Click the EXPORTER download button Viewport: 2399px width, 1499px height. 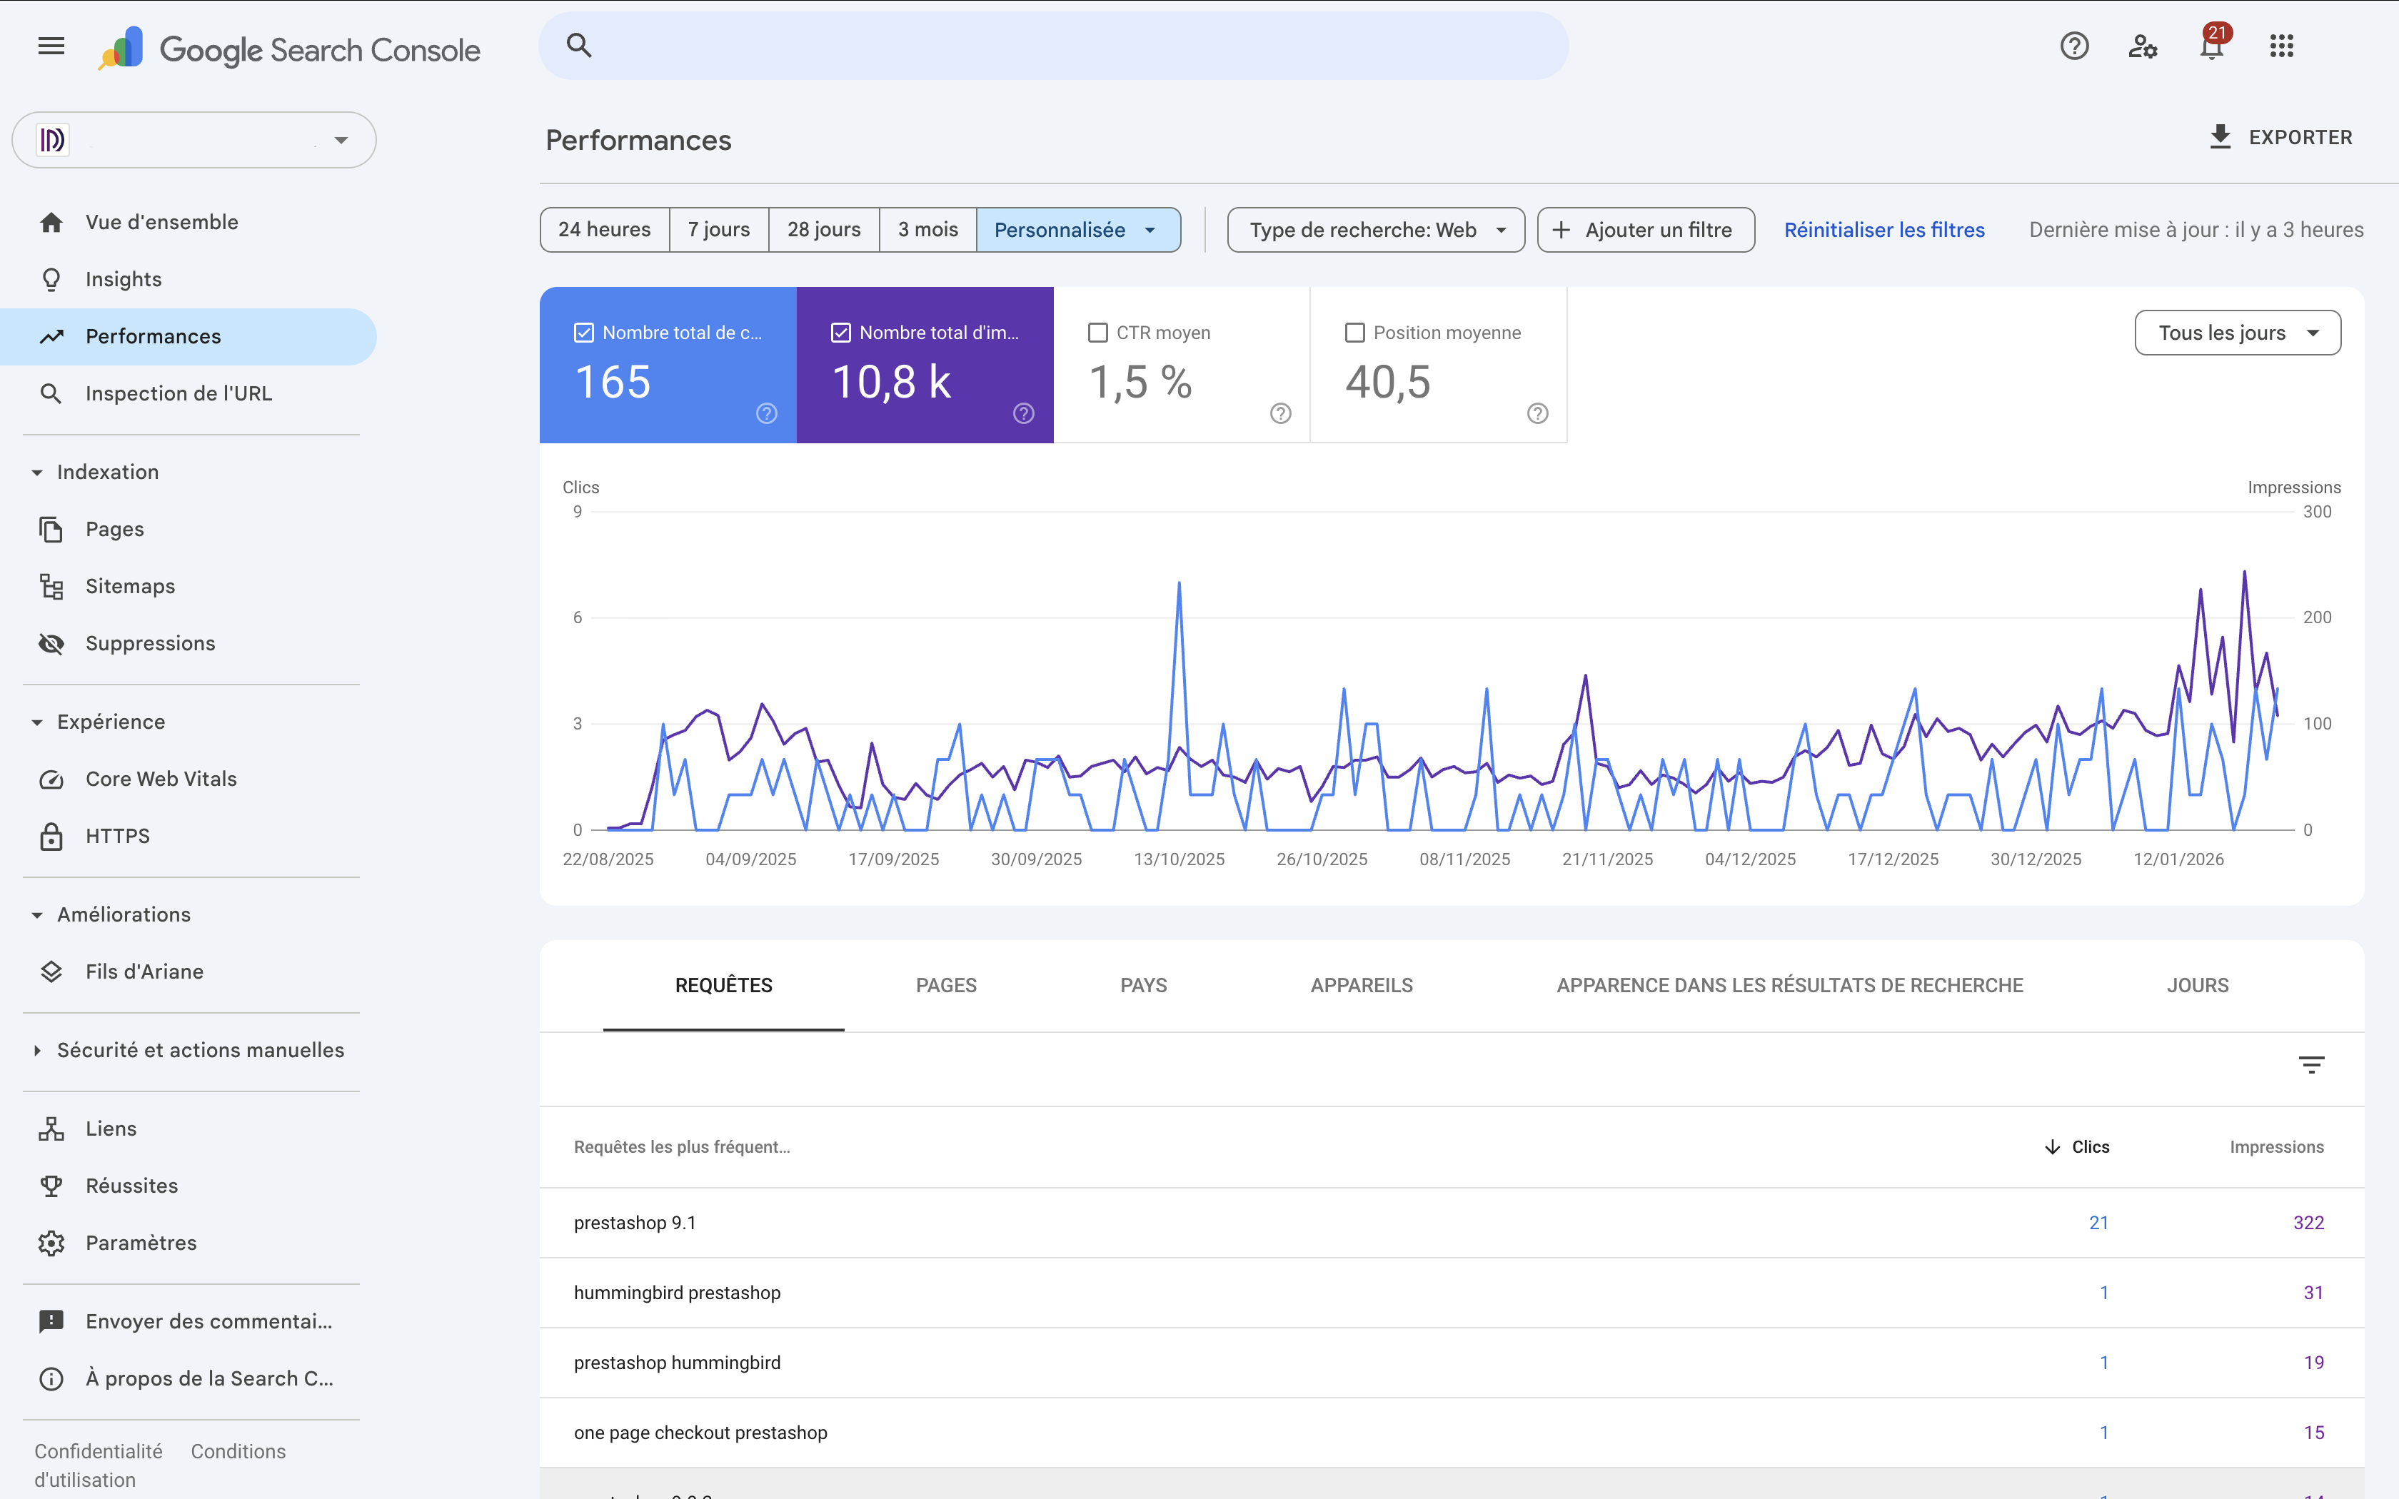pyautogui.click(x=2280, y=138)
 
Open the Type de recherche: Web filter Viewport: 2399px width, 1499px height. pyautogui.click(x=1375, y=230)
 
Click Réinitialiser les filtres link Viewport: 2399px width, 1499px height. pyautogui.click(x=1884, y=230)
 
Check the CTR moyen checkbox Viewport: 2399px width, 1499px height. pyautogui.click(x=1097, y=333)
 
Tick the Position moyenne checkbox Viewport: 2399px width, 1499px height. pyautogui.click(x=1354, y=333)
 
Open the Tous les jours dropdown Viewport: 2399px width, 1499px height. pyautogui.click(x=2238, y=333)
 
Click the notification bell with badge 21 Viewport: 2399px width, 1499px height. pyautogui.click(x=2211, y=46)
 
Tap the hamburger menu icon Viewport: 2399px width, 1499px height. pyautogui.click(x=51, y=46)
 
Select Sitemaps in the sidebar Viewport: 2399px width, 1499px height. pyautogui.click(x=130, y=586)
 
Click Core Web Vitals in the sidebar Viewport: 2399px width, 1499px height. pyautogui.click(x=161, y=779)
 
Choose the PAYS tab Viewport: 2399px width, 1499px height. pyautogui.click(x=1143, y=986)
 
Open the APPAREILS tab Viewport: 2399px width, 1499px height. pyautogui.click(x=1361, y=986)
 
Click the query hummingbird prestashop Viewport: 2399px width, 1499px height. pyautogui.click(x=677, y=1293)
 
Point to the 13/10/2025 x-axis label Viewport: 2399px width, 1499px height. pyautogui.click(x=1179, y=859)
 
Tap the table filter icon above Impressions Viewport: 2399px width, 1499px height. pyautogui.click(x=2310, y=1065)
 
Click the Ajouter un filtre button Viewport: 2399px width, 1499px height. pyautogui.click(x=1646, y=230)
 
